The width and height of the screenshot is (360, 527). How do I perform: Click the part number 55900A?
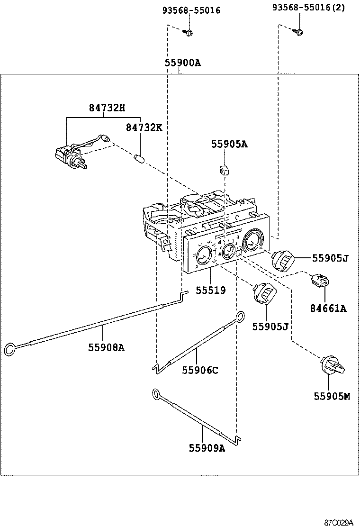tap(183, 63)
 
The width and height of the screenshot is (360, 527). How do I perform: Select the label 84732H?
tap(107, 108)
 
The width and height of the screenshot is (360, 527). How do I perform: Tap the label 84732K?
tap(144, 127)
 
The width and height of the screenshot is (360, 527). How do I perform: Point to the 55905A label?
tap(230, 145)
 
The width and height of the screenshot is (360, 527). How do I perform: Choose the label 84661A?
tap(329, 309)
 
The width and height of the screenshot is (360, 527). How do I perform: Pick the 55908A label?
tap(106, 347)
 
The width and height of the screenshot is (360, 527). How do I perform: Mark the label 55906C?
tap(200, 370)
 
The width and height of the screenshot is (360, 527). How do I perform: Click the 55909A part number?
tap(207, 448)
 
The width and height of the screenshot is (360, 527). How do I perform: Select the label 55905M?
tap(332, 396)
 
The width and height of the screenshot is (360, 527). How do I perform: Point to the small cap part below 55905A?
tap(225, 169)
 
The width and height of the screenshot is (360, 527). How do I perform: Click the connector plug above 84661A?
tap(319, 281)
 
